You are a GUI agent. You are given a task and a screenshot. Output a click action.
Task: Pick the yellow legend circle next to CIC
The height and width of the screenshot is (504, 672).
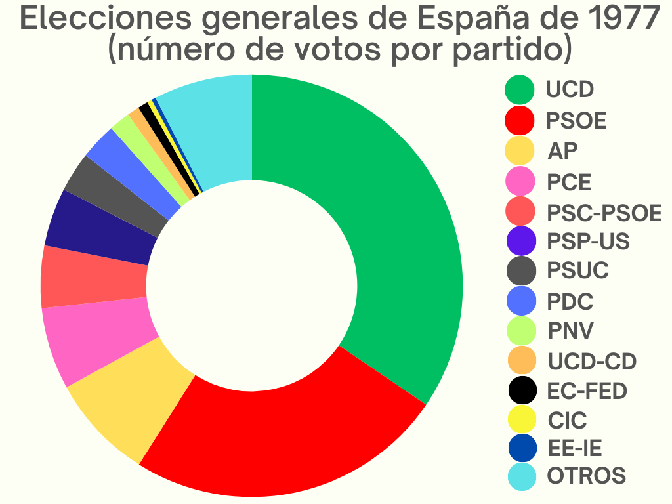[522, 420]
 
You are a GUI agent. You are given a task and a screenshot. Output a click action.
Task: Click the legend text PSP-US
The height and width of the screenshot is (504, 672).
[588, 241]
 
